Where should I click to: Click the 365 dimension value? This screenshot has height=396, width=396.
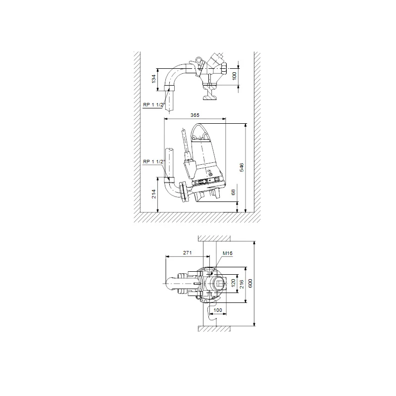tap(195, 115)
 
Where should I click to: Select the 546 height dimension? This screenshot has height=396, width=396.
tap(242, 167)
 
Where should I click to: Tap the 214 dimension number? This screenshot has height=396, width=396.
tap(154, 194)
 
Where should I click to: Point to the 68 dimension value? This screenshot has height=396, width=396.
tap(233, 192)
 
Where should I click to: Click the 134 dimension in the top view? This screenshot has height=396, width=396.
tap(154, 79)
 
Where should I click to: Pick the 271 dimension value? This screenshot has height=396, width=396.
tap(188, 252)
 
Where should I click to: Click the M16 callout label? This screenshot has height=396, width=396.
tap(228, 253)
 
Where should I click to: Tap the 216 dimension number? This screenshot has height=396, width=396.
tap(242, 284)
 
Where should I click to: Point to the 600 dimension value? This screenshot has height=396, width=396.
tap(250, 283)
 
